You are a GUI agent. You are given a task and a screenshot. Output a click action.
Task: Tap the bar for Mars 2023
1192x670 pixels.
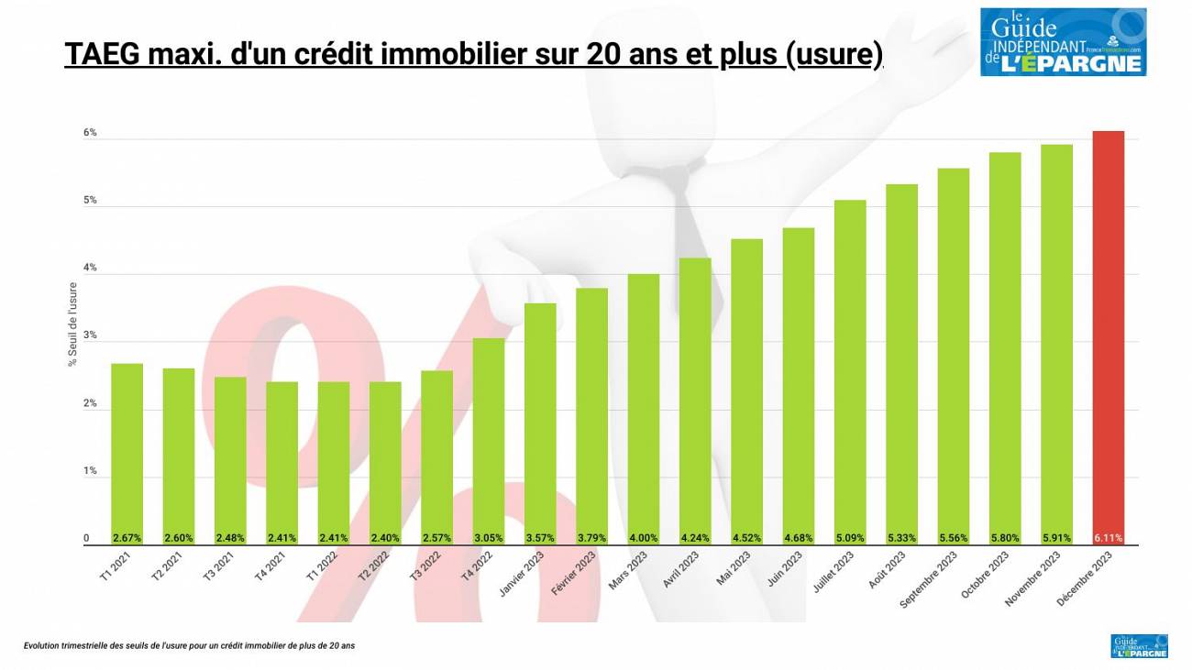pos(643,409)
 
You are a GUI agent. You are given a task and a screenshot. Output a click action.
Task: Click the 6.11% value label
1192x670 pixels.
pos(1108,538)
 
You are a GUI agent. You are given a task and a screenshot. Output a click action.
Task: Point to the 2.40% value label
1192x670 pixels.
pos(385,538)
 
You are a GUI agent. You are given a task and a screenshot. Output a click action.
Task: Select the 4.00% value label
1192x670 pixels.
pos(643,538)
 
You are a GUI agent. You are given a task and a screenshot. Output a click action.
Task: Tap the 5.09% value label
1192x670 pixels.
pos(850,538)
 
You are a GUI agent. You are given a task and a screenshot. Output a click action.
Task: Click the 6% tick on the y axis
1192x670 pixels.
pos(90,133)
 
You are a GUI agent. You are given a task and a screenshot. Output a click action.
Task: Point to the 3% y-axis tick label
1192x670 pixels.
pos(90,335)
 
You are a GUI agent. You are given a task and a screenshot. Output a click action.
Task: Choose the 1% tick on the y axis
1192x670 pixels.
pos(90,471)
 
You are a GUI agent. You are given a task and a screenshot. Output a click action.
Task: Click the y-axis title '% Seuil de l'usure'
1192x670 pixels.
pos(72,324)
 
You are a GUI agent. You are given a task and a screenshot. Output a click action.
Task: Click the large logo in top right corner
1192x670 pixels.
pos(1063,41)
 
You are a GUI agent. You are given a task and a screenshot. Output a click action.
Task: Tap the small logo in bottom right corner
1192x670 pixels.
pos(1139,645)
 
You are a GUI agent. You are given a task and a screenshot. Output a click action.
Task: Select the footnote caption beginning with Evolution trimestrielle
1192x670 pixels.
pos(189,645)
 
